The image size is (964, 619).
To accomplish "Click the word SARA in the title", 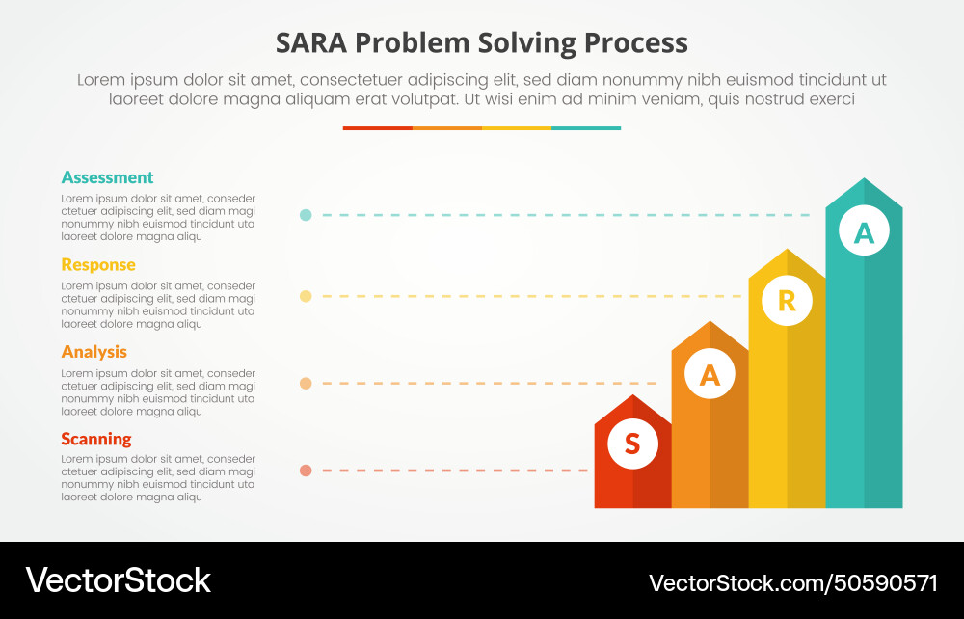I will (x=309, y=43).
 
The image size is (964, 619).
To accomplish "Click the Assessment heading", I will (x=107, y=177).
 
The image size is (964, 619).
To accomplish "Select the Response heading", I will (x=98, y=264).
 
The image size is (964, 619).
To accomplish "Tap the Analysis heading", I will (x=94, y=352).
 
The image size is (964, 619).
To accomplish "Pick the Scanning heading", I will (x=96, y=439).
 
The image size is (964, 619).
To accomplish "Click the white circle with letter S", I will (x=632, y=444).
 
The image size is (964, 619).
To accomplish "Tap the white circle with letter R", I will (x=787, y=301).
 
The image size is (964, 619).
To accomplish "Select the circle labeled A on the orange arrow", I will (x=710, y=376).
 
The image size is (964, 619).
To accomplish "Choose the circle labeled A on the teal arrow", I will (x=864, y=232).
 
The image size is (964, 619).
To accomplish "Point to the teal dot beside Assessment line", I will (x=306, y=215).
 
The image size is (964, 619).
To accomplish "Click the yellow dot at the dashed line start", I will (x=306, y=296).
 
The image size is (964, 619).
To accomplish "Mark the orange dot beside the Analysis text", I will (x=306, y=383).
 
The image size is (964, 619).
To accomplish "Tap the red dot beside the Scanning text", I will (x=306, y=471).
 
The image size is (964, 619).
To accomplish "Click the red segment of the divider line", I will (x=377, y=127).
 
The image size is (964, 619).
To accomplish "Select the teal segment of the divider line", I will (x=586, y=127).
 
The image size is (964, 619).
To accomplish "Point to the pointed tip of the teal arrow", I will (x=864, y=180).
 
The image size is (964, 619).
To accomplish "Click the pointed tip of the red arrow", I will (x=632, y=397).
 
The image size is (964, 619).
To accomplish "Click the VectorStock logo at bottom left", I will (x=118, y=580).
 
